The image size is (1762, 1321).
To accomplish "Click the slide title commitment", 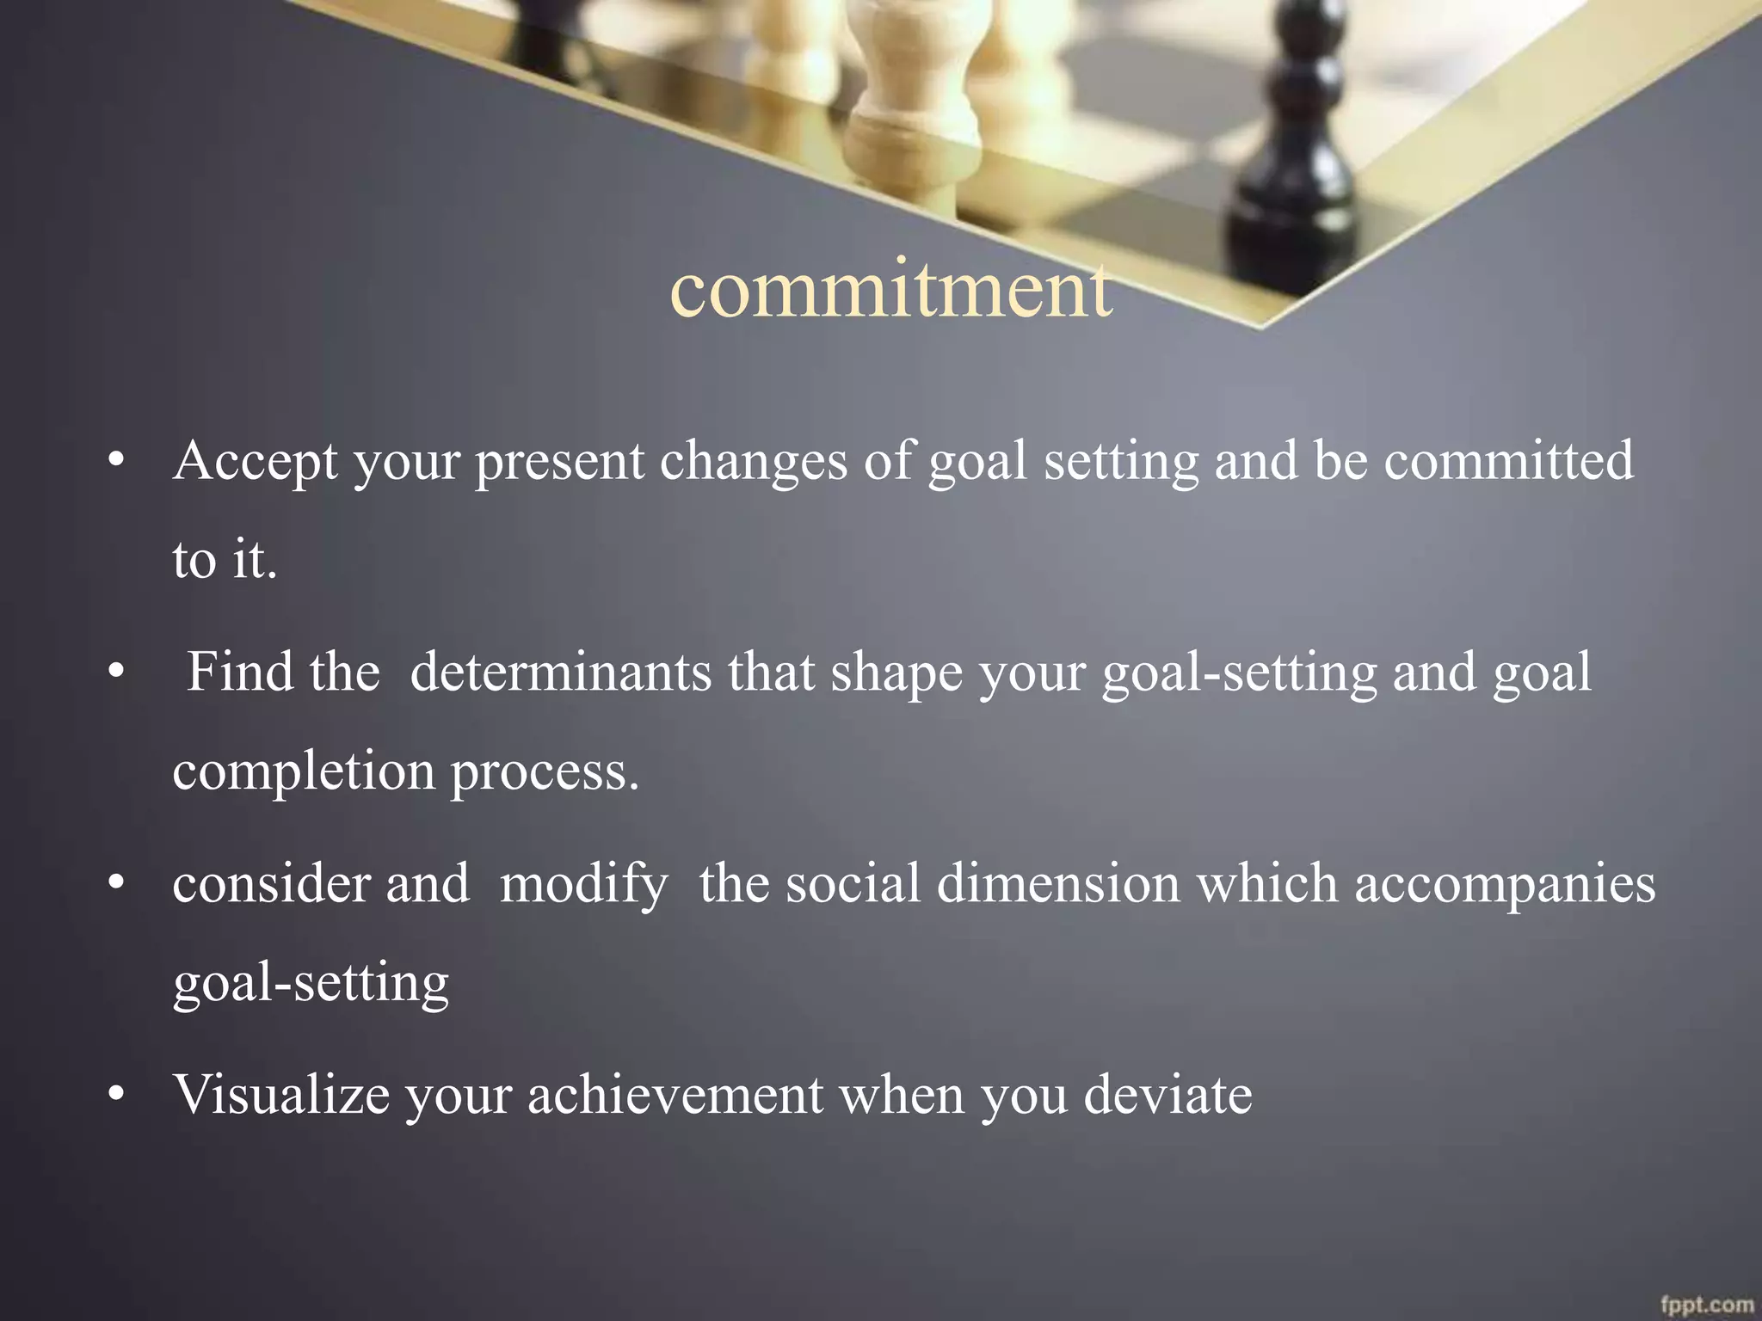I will point(890,289).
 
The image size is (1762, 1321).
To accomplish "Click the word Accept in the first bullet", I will point(256,462).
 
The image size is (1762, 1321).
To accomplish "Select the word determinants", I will point(560,672).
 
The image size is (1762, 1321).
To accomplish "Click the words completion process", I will point(405,771).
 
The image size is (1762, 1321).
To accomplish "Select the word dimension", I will point(1057,883).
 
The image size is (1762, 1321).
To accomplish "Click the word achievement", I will point(675,1095).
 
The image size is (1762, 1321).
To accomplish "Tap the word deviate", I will point(1167,1095).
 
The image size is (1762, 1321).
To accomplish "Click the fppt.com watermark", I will point(1706,1305).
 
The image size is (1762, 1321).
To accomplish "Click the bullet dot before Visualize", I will point(117,1095).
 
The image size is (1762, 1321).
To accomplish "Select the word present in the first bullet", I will point(559,462).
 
